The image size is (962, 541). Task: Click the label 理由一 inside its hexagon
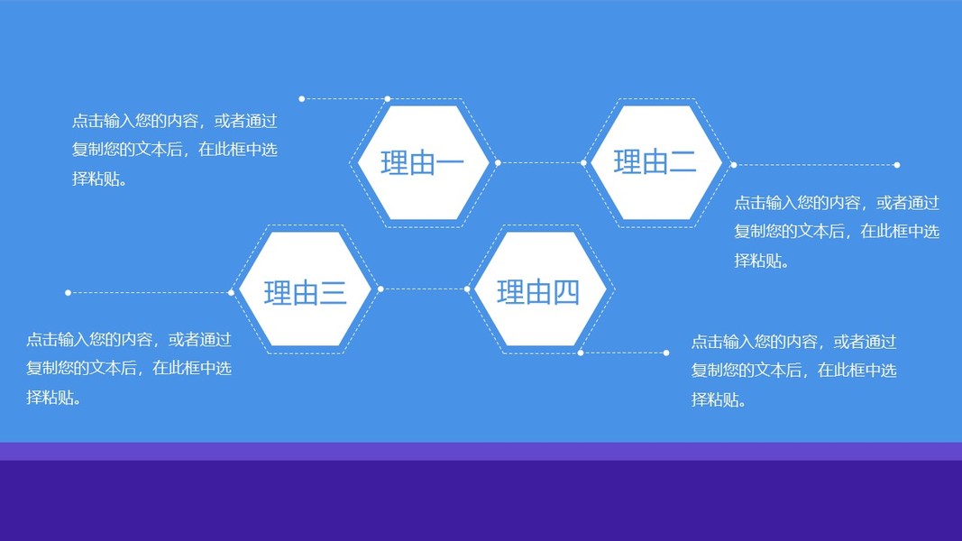(422, 163)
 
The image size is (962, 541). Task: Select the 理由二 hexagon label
(655, 162)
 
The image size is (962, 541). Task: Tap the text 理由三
(305, 293)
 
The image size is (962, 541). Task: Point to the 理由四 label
(538, 292)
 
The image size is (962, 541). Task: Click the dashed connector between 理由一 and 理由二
(541, 163)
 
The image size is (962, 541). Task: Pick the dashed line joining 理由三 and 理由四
(424, 289)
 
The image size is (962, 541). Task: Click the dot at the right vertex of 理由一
(498, 163)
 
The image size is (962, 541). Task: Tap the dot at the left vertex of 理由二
(583, 163)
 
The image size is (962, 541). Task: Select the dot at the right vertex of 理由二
(734, 165)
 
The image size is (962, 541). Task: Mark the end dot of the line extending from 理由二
(897, 165)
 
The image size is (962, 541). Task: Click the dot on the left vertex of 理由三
(231, 292)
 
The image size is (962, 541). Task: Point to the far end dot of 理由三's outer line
(69, 292)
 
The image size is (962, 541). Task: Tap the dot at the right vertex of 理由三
(380, 289)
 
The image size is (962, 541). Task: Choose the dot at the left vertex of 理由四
(467, 289)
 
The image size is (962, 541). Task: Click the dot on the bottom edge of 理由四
(581, 353)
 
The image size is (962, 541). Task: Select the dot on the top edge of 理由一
(388, 98)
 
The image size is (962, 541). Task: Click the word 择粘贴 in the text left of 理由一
(96, 179)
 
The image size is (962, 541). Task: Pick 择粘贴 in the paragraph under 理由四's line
(715, 399)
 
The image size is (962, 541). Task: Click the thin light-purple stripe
(481, 451)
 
